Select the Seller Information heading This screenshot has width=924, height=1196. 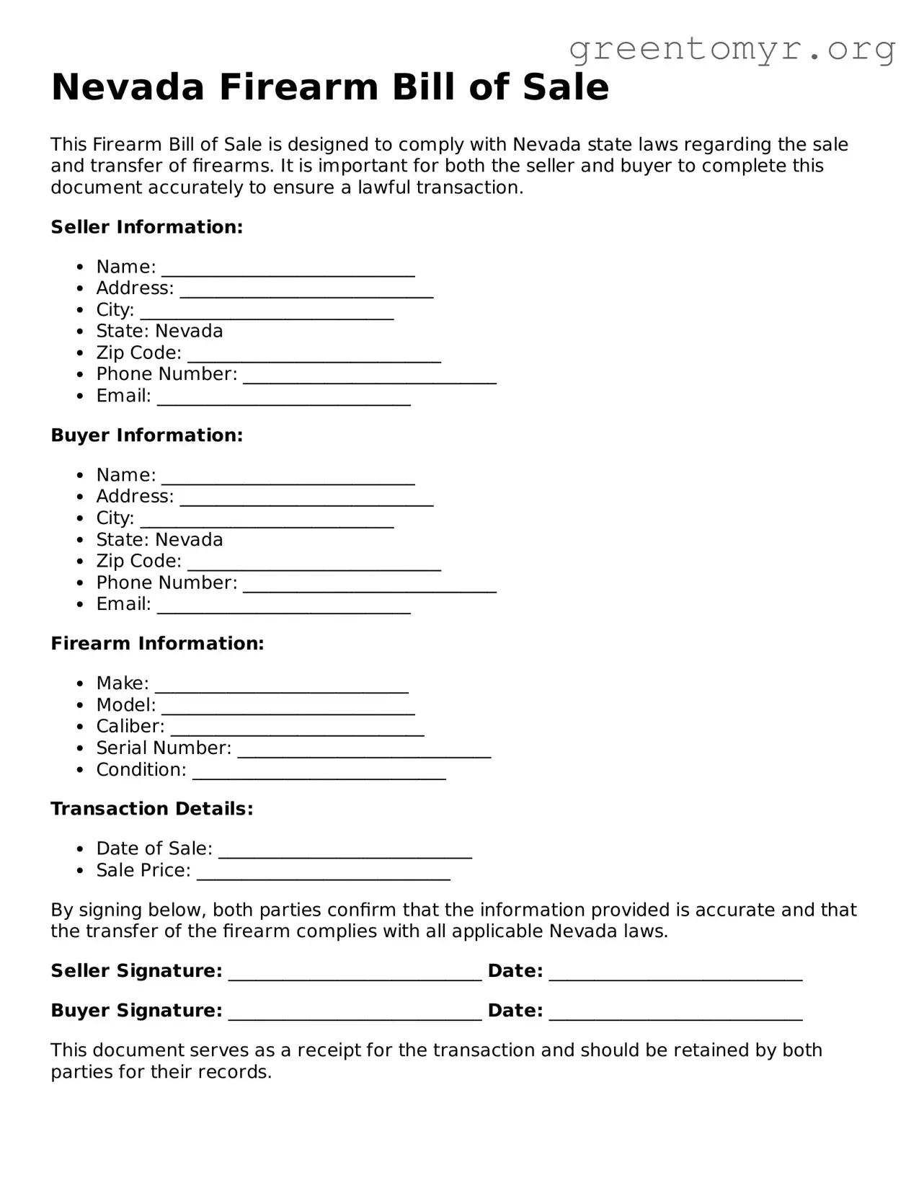point(146,227)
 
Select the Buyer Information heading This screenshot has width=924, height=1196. point(146,435)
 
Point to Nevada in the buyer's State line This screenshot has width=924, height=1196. point(189,540)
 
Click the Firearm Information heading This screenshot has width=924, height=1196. point(157,644)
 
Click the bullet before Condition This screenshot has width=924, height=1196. point(81,771)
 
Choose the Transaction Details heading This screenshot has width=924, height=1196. point(151,809)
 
